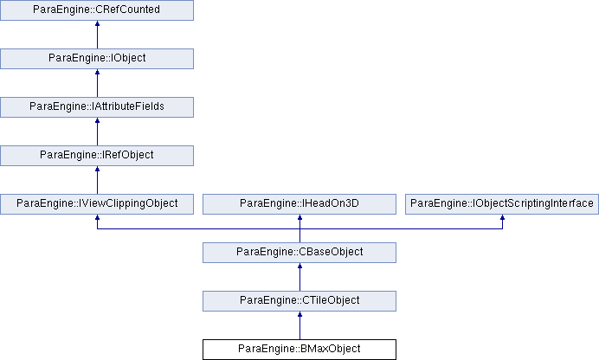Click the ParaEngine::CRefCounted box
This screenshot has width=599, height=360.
point(97,10)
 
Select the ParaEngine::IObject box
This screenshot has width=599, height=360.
point(97,59)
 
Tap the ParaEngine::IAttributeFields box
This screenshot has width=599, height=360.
point(97,107)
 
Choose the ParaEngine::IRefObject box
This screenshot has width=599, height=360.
point(97,156)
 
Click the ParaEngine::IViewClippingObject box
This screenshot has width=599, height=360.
point(97,204)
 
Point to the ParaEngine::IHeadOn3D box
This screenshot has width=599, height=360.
point(299,204)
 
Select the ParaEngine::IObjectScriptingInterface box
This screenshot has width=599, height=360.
point(502,204)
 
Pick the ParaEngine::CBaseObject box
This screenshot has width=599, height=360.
point(299,253)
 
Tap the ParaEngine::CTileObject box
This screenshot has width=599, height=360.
point(299,301)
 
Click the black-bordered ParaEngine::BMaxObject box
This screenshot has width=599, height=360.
point(299,350)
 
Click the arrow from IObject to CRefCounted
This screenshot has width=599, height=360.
point(97,35)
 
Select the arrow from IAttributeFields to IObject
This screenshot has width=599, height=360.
point(97,83)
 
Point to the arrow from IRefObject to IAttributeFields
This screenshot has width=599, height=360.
point(97,132)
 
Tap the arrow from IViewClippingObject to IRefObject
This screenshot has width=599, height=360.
point(97,180)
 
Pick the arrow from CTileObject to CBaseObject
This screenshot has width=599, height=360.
point(299,277)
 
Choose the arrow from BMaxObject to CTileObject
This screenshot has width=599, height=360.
point(299,325)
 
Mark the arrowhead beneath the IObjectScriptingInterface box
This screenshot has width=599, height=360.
point(502,217)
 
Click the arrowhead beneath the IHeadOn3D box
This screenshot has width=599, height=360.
point(299,217)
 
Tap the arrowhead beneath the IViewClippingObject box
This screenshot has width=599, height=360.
point(97,217)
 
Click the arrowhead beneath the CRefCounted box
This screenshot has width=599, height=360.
point(97,23)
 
